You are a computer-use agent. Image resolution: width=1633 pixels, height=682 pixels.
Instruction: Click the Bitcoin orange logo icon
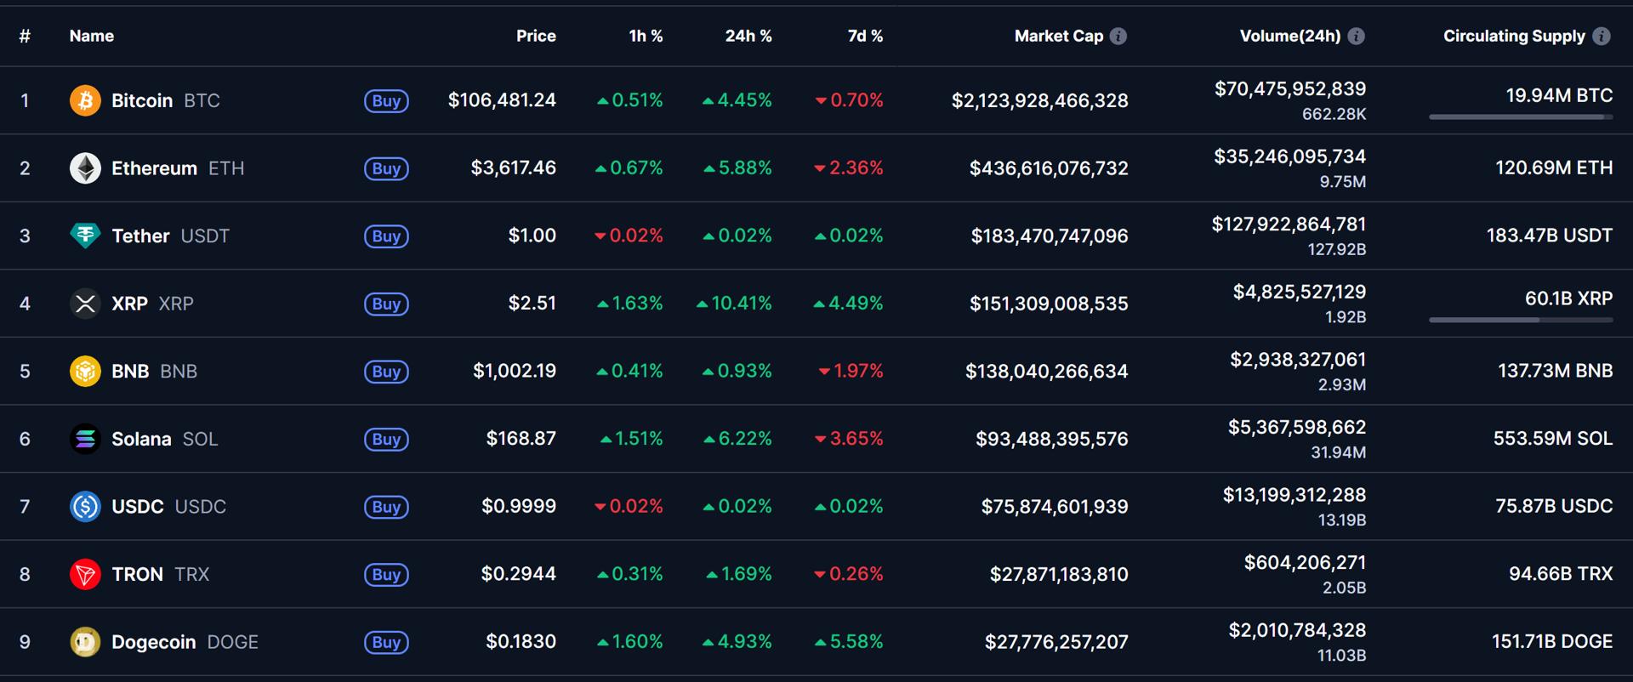pyautogui.click(x=85, y=100)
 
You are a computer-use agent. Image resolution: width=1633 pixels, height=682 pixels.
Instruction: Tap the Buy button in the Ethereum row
pyautogui.click(x=386, y=168)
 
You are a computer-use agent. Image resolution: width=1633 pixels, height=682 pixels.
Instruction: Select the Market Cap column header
pyautogui.click(x=1058, y=36)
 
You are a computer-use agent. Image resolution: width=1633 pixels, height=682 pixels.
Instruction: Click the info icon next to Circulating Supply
pyautogui.click(x=1601, y=36)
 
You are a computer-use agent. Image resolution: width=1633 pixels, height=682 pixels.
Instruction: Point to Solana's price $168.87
pyautogui.click(x=521, y=439)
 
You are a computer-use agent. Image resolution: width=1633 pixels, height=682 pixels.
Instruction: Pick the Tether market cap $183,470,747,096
pyautogui.click(x=1049, y=236)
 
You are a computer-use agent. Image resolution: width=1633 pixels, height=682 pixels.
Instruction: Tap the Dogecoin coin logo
pyautogui.click(x=85, y=642)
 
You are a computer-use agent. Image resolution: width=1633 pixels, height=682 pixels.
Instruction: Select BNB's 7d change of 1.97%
pyautogui.click(x=851, y=371)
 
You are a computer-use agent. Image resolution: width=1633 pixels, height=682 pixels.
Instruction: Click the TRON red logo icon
pyautogui.click(x=85, y=574)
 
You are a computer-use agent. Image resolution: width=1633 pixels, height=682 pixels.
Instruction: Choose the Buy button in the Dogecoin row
pyautogui.click(x=386, y=642)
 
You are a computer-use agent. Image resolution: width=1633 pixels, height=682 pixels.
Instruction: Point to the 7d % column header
pyautogui.click(x=865, y=36)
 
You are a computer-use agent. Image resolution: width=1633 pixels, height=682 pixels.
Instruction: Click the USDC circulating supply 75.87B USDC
pyautogui.click(x=1553, y=506)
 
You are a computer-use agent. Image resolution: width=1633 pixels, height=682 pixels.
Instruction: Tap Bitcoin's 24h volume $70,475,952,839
pyautogui.click(x=1289, y=89)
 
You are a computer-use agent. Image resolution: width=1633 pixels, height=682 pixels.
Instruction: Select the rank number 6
pyautogui.click(x=25, y=439)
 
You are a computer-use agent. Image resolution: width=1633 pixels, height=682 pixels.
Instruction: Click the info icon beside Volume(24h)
pyautogui.click(x=1357, y=36)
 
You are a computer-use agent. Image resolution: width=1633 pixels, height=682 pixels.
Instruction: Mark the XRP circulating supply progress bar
pyautogui.click(x=1520, y=320)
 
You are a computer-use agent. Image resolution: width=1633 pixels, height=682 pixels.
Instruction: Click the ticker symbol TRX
pyautogui.click(x=191, y=574)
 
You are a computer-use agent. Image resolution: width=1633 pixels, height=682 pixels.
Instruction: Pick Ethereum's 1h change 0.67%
pyautogui.click(x=629, y=168)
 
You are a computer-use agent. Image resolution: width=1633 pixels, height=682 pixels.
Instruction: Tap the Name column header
pyautogui.click(x=91, y=36)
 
